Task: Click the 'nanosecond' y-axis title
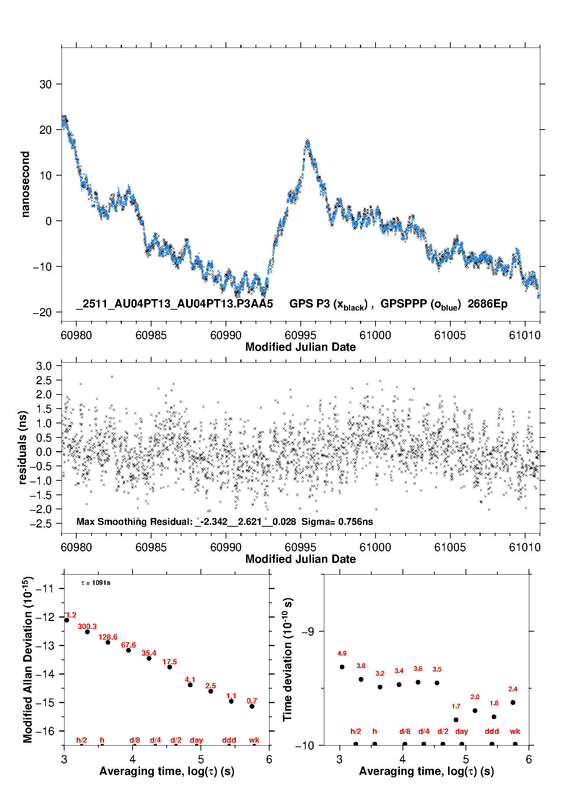(25, 184)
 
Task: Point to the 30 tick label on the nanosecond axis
(46, 84)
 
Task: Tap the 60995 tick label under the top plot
(300, 335)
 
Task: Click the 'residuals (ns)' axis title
(23, 447)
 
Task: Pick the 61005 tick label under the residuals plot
(450, 547)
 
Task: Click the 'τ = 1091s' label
(96, 583)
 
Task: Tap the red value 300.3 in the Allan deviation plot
(87, 626)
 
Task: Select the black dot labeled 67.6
(129, 650)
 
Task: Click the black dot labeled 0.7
(252, 706)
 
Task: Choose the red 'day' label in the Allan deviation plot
(196, 740)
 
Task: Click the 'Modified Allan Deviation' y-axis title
(28, 659)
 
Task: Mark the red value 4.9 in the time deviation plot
(342, 653)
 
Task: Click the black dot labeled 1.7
(456, 720)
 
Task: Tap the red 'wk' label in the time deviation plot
(515, 731)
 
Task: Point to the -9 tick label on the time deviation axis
(308, 631)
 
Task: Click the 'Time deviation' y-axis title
(287, 659)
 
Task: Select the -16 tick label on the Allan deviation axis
(45, 731)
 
